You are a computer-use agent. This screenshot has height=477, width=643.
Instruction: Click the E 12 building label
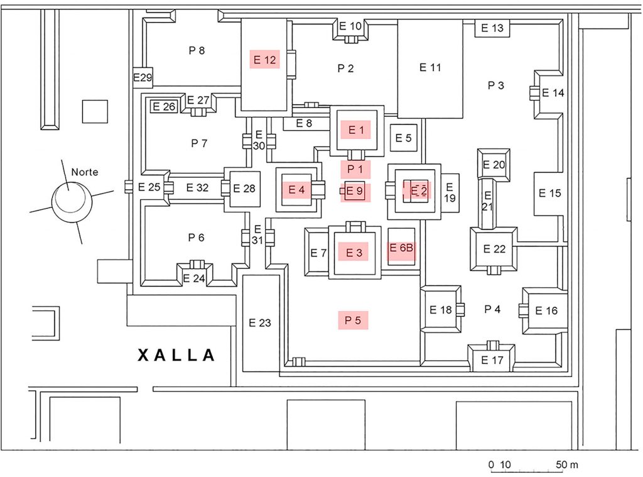[x=264, y=60]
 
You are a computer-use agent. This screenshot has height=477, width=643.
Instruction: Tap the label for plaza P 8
[x=197, y=50]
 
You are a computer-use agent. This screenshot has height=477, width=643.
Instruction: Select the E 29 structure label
[x=143, y=77]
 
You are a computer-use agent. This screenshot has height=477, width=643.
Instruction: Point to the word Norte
[x=85, y=172]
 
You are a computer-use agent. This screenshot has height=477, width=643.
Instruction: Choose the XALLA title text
[x=176, y=355]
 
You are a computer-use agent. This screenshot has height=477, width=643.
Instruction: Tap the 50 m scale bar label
[x=567, y=464]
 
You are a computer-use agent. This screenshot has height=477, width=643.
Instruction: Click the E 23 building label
[x=260, y=323]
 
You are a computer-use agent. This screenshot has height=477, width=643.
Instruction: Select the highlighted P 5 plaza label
[x=353, y=320]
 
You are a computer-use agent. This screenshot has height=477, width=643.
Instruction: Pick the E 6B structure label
[x=401, y=248]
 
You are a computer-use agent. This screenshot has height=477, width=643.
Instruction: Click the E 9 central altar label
[x=355, y=191]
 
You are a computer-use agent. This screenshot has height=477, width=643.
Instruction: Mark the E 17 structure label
[x=492, y=360]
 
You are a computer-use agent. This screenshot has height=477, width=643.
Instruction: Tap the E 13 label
[x=492, y=28]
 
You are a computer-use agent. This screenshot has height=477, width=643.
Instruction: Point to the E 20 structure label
[x=494, y=165]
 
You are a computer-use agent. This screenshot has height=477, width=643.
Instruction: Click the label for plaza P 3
[x=496, y=85]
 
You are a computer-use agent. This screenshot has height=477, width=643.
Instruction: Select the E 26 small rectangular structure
[x=164, y=107]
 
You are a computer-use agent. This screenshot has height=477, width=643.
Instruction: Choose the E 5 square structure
[x=404, y=138]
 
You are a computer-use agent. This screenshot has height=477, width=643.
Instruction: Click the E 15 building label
[x=549, y=193]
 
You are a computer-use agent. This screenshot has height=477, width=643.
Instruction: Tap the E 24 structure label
[x=194, y=278]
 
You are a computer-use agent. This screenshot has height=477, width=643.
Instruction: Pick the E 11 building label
[x=430, y=67]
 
